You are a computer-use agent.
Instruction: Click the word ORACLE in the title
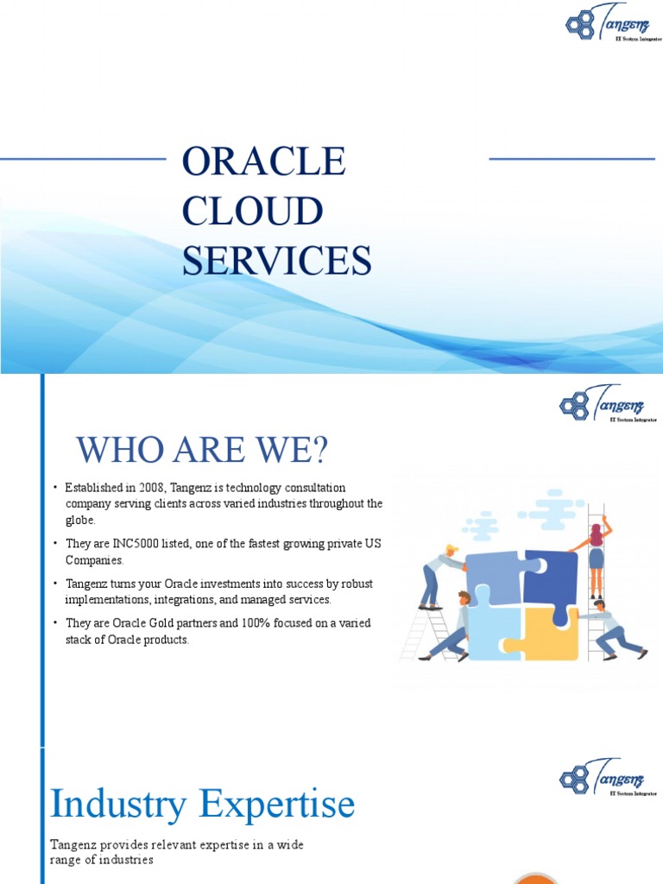(x=263, y=162)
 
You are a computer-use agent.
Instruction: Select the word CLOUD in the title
(x=252, y=212)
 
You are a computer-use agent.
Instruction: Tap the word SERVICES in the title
(x=276, y=261)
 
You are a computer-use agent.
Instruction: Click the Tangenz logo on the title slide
(x=613, y=23)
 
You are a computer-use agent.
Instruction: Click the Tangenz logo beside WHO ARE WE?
(x=608, y=404)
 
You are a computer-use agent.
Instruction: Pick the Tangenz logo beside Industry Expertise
(x=608, y=777)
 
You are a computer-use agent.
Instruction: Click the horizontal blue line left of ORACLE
(x=83, y=159)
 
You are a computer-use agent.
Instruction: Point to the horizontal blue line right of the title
(x=571, y=159)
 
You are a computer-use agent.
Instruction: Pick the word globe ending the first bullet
(x=79, y=521)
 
